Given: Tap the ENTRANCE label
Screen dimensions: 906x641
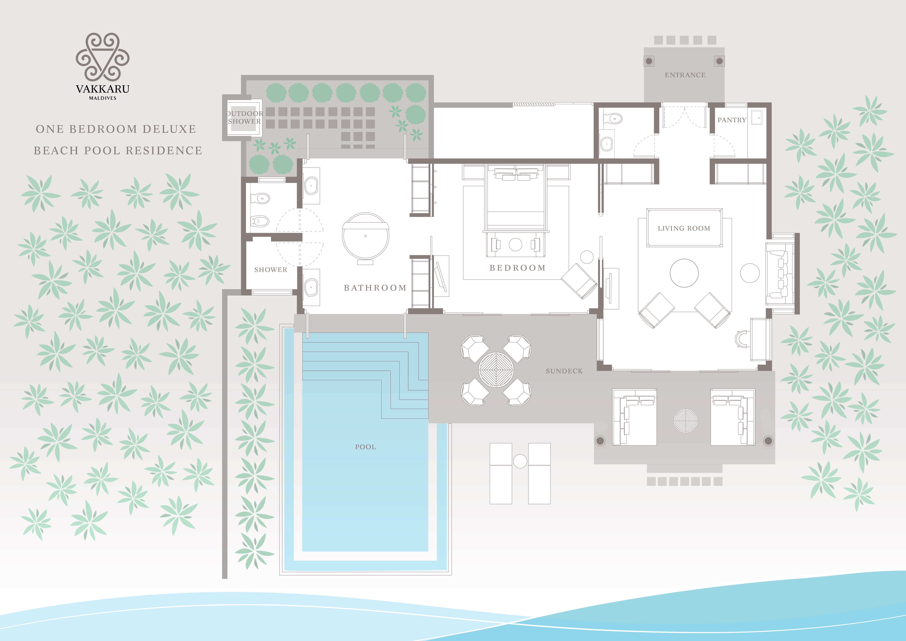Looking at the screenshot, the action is point(685,75).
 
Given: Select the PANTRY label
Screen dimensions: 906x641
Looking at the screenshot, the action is point(732,120).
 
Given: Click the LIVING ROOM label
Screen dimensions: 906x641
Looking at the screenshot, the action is point(684,228).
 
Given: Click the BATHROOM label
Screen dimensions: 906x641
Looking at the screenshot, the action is point(375,288).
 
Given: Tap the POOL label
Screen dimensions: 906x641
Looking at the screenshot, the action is point(365,447).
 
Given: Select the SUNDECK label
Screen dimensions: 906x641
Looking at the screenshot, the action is point(564,371).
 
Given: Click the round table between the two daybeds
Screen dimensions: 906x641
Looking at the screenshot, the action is point(685,421).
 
